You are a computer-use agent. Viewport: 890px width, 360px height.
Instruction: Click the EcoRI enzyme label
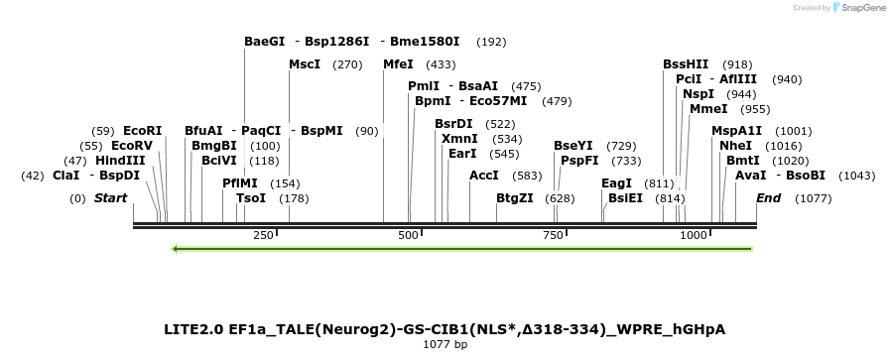pos(142,130)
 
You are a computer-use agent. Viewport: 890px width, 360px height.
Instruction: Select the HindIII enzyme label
pos(120,160)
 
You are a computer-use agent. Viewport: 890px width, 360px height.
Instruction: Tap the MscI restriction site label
pos(305,64)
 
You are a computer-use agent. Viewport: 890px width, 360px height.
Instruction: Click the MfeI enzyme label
pos(398,64)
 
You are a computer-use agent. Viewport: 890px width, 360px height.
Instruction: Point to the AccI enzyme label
pos(484,176)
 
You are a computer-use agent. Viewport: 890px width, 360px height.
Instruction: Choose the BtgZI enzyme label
pos(515,197)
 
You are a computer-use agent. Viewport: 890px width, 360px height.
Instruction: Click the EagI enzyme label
pos(616,182)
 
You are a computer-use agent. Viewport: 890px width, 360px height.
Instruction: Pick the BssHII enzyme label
pos(686,64)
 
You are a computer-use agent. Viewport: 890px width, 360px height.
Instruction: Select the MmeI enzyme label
pos(708,108)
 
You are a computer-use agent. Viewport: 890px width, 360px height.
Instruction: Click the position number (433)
pos(441,64)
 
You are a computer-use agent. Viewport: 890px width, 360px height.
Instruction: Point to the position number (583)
pos(528,176)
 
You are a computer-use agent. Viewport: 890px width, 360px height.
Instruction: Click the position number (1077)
pos(813,197)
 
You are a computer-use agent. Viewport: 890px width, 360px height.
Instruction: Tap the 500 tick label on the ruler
pos(408,235)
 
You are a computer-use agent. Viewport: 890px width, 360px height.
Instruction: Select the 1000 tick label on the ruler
pos(693,235)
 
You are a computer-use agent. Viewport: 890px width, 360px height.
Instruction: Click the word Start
pos(110,197)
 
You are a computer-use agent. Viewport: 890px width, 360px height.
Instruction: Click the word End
pos(768,197)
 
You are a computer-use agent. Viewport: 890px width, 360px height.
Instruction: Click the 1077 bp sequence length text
pos(445,344)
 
